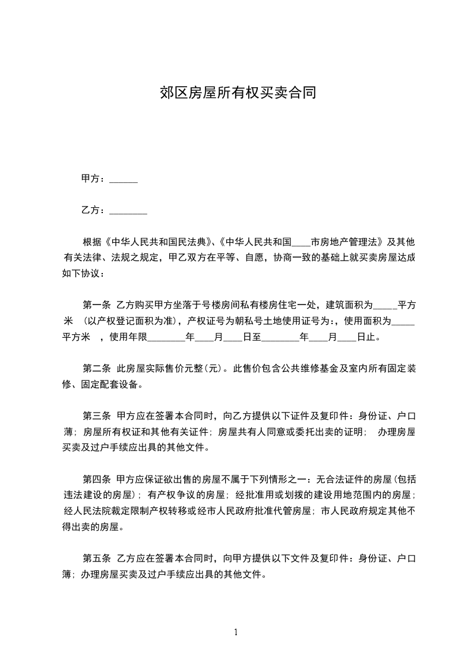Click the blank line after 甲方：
[124, 179]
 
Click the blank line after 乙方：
[129, 211]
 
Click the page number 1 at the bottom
[236, 632]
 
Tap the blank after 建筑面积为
[385, 306]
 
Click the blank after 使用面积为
[404, 322]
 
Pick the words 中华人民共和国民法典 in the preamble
[158, 242]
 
